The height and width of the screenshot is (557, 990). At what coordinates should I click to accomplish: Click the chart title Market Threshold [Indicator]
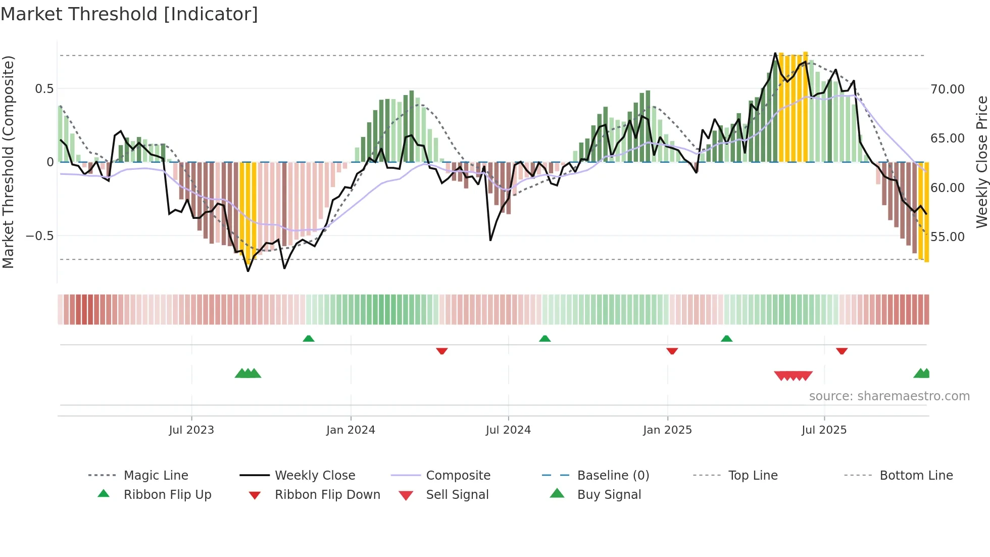(x=129, y=14)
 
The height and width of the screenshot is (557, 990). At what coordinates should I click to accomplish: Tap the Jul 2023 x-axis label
(x=191, y=430)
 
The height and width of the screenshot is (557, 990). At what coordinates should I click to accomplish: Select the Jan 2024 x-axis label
(x=351, y=430)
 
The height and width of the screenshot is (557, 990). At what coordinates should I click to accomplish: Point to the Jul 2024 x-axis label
(x=508, y=430)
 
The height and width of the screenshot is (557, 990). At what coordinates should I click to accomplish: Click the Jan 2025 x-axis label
(x=667, y=430)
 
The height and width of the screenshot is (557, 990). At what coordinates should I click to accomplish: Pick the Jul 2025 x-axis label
(x=824, y=430)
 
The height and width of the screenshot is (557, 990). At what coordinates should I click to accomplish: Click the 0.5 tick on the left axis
(x=44, y=89)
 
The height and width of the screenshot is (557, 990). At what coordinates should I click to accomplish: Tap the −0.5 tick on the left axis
(x=39, y=236)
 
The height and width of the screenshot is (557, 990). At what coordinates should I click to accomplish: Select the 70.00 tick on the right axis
(x=948, y=89)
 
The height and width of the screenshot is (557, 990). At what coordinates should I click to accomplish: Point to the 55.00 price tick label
(x=948, y=237)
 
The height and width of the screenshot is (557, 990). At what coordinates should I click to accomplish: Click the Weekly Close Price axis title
(x=981, y=162)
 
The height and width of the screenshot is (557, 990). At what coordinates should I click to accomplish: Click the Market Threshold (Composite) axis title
(x=8, y=162)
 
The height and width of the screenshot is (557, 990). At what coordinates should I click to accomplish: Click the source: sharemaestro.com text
(x=889, y=396)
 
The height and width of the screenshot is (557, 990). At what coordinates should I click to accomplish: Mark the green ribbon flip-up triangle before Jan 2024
(x=309, y=339)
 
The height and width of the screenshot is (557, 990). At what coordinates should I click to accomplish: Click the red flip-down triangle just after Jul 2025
(x=841, y=351)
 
